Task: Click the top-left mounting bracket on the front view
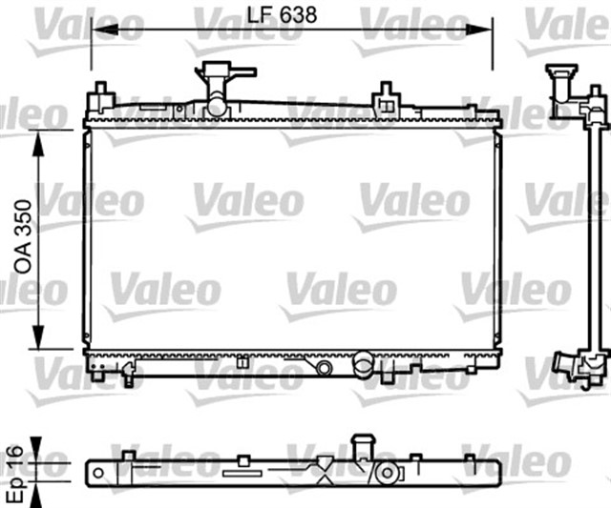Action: tap(99, 97)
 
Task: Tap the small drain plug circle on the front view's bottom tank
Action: tap(325, 367)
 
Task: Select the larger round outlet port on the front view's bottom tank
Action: tap(364, 362)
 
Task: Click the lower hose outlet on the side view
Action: tap(575, 366)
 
